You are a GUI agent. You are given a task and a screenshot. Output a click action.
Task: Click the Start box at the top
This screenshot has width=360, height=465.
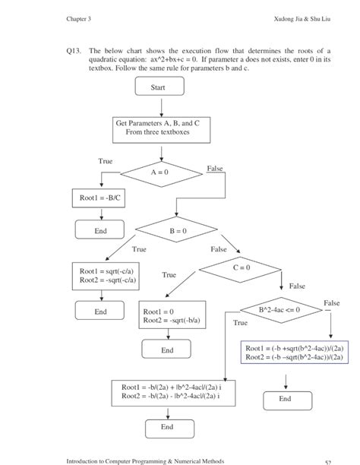click(158, 88)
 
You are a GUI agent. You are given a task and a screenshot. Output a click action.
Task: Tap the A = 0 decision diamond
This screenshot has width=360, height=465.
click(158, 172)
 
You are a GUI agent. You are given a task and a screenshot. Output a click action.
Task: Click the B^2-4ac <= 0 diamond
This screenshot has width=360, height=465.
click(279, 310)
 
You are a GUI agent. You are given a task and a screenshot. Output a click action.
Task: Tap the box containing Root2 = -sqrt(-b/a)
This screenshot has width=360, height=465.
click(175, 316)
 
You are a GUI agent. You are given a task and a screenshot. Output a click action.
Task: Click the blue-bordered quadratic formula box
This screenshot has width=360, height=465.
click(295, 352)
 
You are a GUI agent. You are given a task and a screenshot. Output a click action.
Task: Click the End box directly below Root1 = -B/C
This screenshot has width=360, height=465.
click(101, 231)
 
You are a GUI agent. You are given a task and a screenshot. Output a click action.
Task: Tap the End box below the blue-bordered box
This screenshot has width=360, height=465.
click(285, 398)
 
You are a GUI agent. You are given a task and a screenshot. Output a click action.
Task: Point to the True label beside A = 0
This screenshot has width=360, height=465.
click(105, 161)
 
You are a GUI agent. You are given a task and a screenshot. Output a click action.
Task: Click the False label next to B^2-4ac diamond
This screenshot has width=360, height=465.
click(331, 303)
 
